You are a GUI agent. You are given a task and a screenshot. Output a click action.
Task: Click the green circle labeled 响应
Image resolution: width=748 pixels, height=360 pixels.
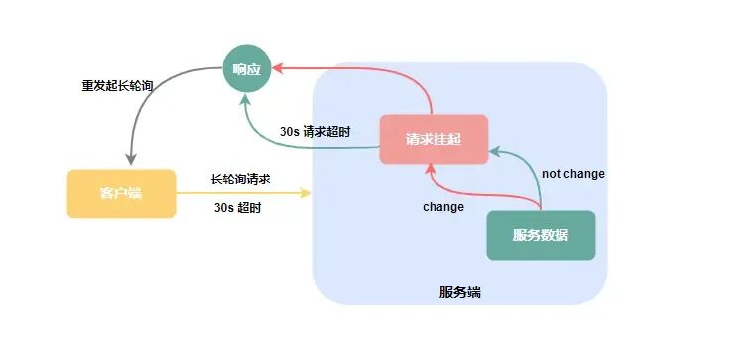tap(247, 69)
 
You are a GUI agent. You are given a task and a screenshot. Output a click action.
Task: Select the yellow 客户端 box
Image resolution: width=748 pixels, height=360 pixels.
tap(121, 193)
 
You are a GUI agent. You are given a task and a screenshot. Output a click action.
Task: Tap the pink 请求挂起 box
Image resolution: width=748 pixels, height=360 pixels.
tap(434, 140)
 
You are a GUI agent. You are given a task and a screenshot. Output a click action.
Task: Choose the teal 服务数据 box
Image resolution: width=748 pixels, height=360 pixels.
tap(541, 235)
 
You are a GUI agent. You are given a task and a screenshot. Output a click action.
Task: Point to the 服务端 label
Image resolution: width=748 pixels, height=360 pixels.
tap(460, 292)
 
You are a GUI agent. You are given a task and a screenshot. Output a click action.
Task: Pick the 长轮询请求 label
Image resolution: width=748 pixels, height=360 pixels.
tap(241, 180)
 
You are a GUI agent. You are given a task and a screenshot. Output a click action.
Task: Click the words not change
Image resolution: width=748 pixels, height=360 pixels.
tap(573, 174)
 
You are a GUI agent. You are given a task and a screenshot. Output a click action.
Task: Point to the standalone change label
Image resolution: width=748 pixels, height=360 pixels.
tap(443, 207)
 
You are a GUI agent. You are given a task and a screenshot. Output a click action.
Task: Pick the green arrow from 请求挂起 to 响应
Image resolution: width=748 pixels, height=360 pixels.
tap(298, 146)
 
